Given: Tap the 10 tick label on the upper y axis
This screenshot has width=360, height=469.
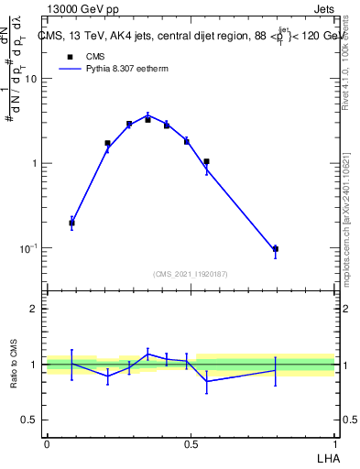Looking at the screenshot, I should click(30, 79).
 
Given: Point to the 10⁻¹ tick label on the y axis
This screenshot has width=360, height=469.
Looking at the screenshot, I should click(28, 248).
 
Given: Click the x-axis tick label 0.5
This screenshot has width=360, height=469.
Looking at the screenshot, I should click(191, 443).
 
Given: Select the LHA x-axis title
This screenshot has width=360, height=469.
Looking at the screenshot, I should click(325, 457).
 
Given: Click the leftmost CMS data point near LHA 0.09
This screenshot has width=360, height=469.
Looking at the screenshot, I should click(71, 223).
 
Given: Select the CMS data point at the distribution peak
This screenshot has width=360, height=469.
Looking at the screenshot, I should click(147, 119).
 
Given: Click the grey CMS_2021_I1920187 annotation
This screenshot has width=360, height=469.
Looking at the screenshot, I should click(191, 272).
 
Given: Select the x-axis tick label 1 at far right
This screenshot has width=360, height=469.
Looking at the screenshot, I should click(335, 443).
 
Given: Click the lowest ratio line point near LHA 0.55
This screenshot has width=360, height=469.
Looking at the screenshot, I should click(207, 381).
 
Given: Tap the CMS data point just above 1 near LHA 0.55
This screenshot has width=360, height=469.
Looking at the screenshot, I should click(207, 161).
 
